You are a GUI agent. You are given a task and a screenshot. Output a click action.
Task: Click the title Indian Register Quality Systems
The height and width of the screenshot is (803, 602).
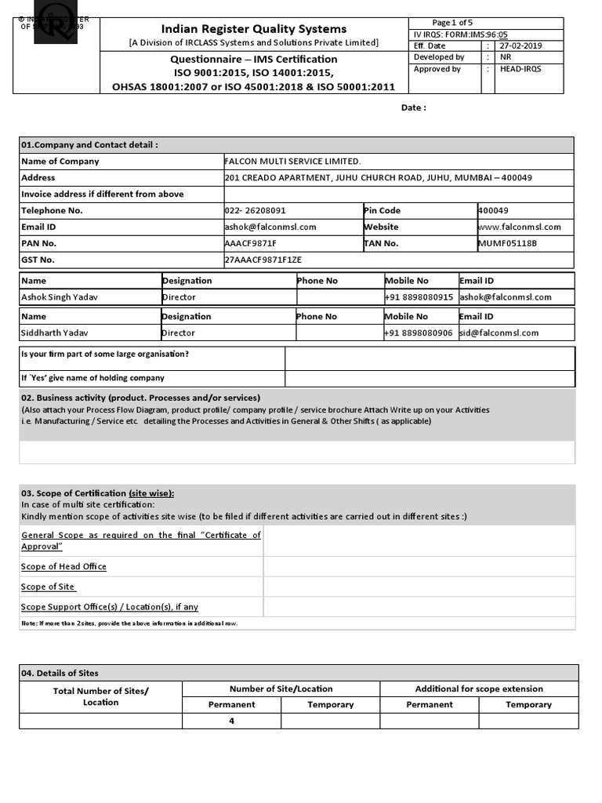click(x=253, y=29)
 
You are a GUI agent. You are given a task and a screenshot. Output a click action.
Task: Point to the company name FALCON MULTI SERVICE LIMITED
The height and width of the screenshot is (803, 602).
click(x=292, y=162)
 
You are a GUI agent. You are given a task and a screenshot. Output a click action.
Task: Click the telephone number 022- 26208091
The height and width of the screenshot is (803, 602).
click(x=255, y=211)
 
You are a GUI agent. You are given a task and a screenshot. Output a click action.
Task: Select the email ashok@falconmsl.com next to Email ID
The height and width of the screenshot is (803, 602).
click(x=270, y=227)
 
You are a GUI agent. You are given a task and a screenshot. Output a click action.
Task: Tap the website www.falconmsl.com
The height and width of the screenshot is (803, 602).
click(x=519, y=227)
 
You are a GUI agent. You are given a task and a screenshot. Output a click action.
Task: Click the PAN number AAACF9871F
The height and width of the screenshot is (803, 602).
click(x=250, y=244)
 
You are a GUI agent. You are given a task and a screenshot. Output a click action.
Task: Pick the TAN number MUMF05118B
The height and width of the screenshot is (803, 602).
click(x=507, y=244)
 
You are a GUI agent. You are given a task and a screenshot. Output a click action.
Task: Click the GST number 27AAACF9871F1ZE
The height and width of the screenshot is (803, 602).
click(x=263, y=260)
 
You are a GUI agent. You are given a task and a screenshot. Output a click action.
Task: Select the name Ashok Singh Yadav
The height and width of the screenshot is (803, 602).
click(x=60, y=298)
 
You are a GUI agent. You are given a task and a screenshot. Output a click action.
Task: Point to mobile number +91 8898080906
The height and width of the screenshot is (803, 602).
click(x=419, y=333)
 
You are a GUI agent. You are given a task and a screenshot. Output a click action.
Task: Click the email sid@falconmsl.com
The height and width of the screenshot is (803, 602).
click(x=499, y=333)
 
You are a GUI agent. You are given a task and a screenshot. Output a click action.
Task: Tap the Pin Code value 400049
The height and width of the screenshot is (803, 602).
click(x=493, y=211)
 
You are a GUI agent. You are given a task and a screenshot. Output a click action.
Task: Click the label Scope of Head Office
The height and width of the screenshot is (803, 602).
click(x=63, y=567)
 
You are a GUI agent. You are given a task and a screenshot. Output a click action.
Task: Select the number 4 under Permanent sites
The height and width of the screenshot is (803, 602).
click(x=232, y=721)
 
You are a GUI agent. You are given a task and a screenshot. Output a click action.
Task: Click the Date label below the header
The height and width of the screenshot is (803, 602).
click(x=413, y=108)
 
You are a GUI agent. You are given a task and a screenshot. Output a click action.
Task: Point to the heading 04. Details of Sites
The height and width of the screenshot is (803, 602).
click(x=60, y=674)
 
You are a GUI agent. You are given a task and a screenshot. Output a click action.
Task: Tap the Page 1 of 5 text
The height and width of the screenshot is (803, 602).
click(x=452, y=23)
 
